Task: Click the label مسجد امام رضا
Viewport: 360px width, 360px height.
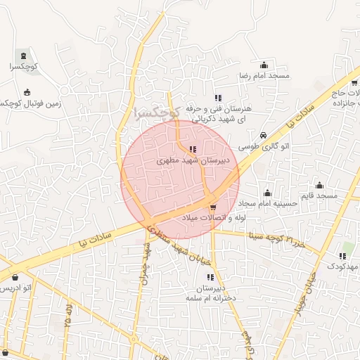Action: [264, 75]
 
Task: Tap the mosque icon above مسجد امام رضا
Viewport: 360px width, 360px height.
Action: [264, 65]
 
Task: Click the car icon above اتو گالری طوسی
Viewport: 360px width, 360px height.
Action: [263, 135]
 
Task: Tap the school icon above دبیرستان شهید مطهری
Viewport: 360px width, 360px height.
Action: [193, 149]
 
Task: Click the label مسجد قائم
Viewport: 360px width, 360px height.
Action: [320, 195]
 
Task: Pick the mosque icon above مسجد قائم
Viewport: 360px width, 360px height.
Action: [321, 185]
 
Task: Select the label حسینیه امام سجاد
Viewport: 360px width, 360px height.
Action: [267, 204]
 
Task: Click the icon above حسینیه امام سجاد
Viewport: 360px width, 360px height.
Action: [267, 193]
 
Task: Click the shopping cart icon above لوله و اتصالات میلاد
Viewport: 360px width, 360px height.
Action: [213, 207]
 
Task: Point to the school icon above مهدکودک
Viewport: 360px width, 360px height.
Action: [345, 255]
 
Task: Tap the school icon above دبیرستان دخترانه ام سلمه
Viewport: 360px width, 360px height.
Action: [210, 277]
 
